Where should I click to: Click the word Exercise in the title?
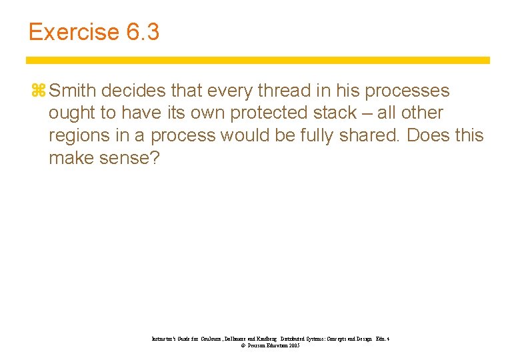[x=73, y=32]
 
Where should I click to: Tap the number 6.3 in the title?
[x=142, y=32]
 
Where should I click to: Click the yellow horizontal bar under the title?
[x=258, y=60]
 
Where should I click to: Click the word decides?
[x=133, y=90]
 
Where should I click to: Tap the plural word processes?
[x=404, y=91]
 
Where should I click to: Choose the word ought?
[x=71, y=113]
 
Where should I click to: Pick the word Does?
[x=428, y=135]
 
